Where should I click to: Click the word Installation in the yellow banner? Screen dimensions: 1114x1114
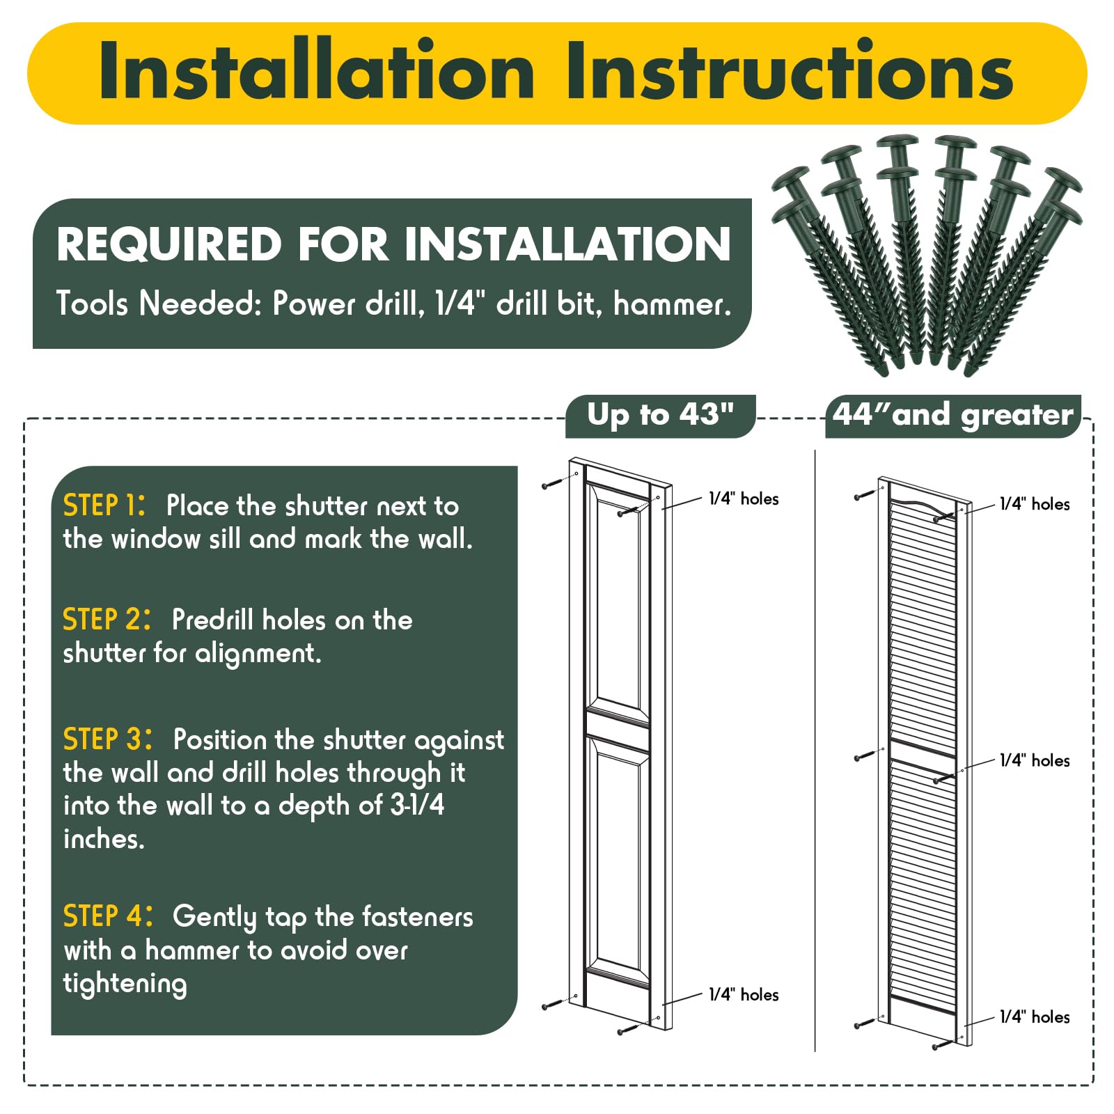coord(317,71)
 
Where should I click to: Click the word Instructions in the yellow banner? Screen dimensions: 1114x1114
coord(790,71)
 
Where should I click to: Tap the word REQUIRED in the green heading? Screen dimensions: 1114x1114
coord(170,244)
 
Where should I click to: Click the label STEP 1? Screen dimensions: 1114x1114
coord(104,505)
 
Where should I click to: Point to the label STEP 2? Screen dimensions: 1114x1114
coord(107,619)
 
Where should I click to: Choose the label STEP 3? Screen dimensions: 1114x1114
coord(107,739)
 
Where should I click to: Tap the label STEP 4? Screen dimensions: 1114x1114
coord(107,916)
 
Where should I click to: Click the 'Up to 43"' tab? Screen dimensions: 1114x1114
coord(660,416)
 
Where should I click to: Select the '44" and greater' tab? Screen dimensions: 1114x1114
coord(953,416)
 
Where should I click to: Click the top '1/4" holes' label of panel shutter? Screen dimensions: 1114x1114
coord(744,499)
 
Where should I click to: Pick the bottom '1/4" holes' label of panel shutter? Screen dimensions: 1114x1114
coord(744,994)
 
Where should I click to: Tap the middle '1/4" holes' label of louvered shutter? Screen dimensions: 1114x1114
coord(1035,760)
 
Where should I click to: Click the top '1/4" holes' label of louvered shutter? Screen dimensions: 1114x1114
coord(1035,504)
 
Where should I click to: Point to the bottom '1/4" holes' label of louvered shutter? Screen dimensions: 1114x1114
coord(1035,1017)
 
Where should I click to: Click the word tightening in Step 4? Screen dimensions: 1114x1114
coord(125,984)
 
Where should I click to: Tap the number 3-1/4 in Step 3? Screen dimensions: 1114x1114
coord(417,805)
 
